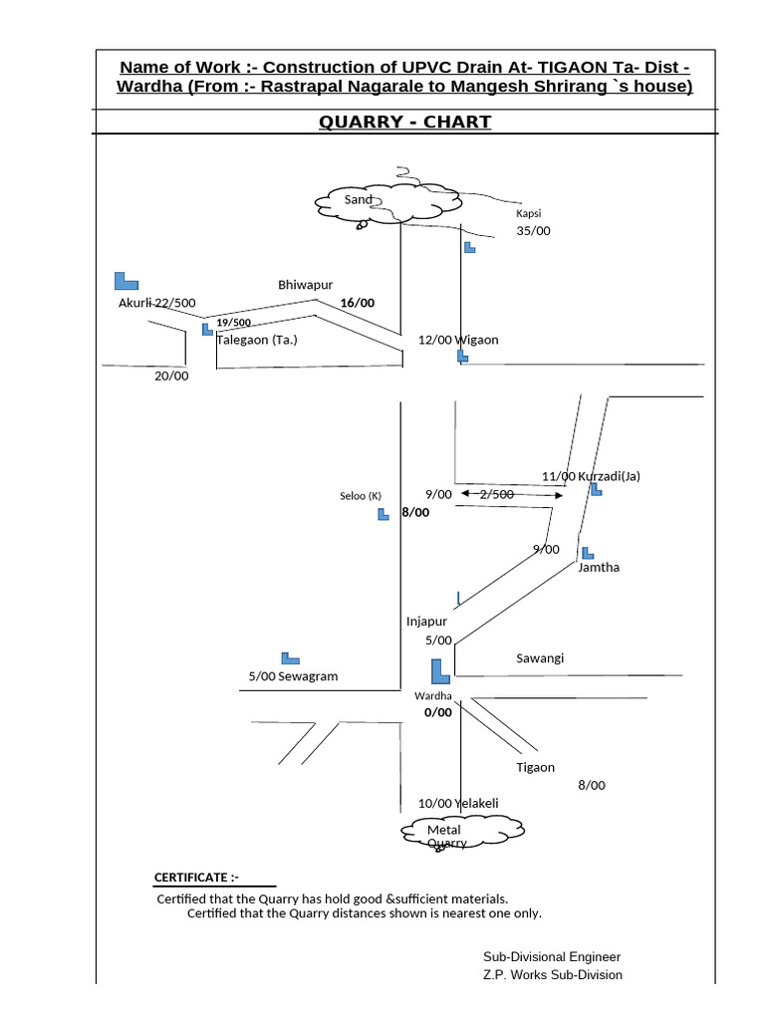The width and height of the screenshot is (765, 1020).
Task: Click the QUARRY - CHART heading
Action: point(404,123)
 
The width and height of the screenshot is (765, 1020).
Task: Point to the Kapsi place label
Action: point(528,214)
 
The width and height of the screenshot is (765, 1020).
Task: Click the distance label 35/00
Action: point(533,231)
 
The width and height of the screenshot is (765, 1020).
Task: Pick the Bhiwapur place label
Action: point(305,285)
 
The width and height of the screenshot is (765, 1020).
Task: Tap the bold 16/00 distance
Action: point(357,303)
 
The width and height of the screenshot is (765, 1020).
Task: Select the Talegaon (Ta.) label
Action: point(257,340)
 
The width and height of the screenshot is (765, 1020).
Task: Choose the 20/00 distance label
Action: point(171,376)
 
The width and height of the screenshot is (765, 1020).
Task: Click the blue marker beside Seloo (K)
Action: point(383,514)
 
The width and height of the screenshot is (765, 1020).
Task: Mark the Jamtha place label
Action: point(599,567)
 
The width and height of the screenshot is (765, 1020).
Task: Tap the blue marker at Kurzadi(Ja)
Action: point(596,489)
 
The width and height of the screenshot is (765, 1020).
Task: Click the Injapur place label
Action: point(426,622)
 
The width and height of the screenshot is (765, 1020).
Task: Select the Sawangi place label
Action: point(540,658)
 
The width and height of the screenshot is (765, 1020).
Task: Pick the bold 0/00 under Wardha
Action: point(437,712)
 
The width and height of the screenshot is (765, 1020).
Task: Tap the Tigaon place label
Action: point(535,768)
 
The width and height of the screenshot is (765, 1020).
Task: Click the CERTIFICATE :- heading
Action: point(196,878)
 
